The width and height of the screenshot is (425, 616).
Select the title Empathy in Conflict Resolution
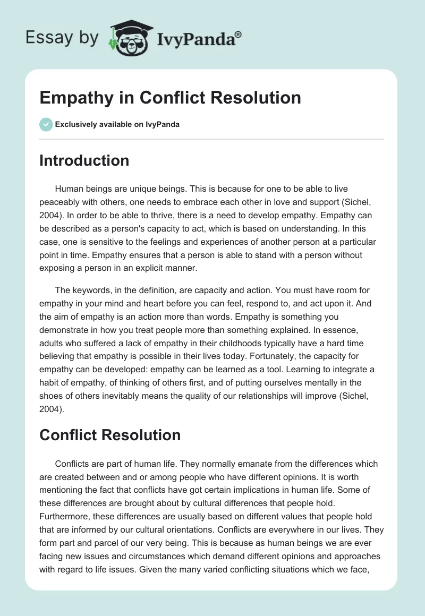coord(170,97)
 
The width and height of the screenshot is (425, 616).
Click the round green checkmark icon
coord(46,124)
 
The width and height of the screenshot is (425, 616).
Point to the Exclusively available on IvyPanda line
coord(117,125)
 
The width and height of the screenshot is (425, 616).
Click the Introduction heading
coord(84,160)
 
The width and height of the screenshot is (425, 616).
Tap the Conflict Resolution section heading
coord(110,435)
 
